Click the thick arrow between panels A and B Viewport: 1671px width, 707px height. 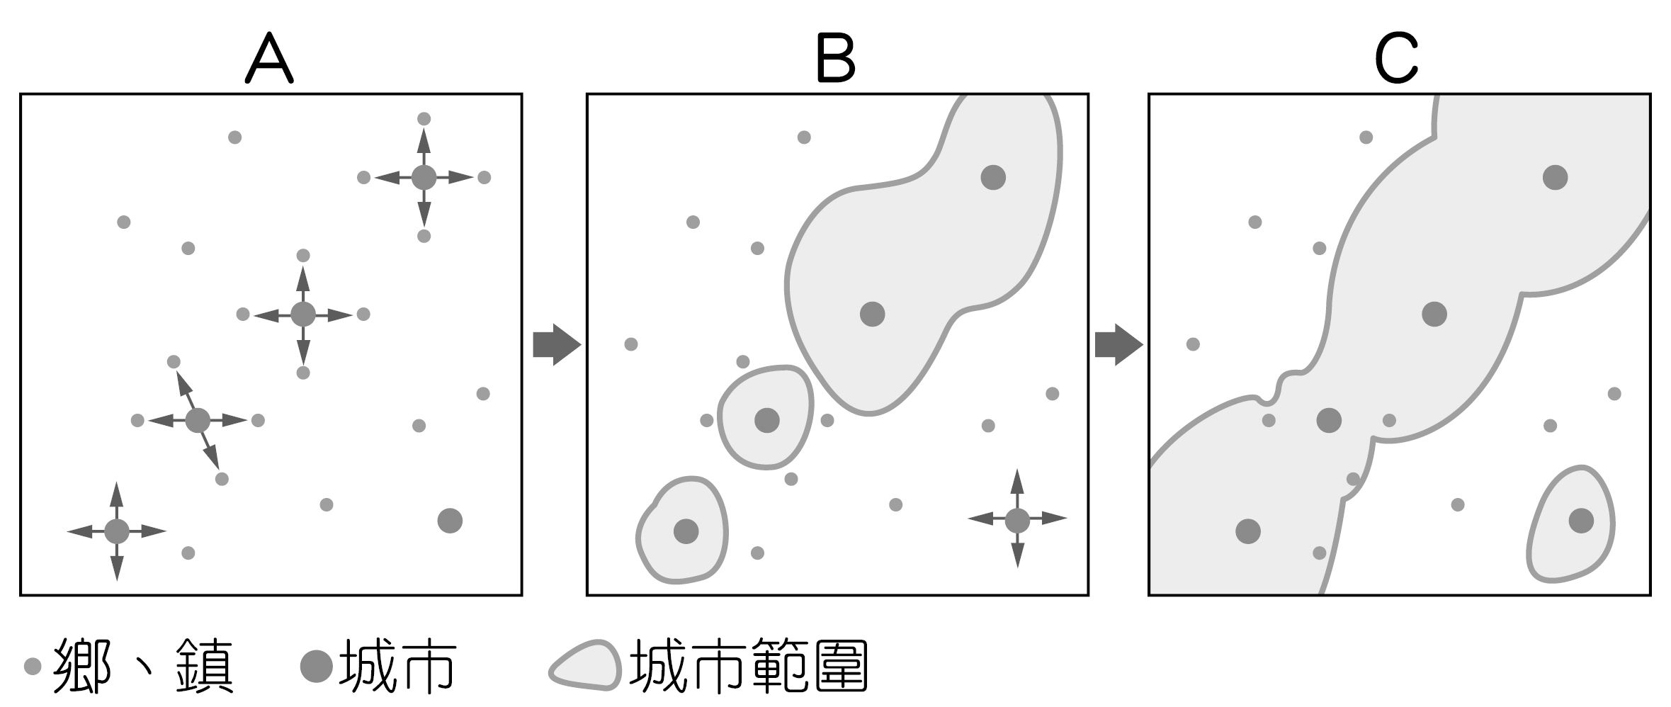pos(557,344)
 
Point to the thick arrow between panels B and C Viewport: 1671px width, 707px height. pos(1119,344)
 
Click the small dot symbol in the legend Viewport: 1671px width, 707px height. pos(33,667)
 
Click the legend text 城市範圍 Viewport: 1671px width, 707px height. pos(749,666)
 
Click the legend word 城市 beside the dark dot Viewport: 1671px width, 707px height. pos(397,666)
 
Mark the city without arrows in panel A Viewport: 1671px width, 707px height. pos(450,521)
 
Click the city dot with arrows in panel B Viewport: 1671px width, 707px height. pos(1017,520)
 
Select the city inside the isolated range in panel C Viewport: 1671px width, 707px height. pos(1581,521)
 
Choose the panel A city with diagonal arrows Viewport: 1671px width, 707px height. pos(198,420)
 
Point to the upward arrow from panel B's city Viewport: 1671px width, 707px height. pos(1017,489)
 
